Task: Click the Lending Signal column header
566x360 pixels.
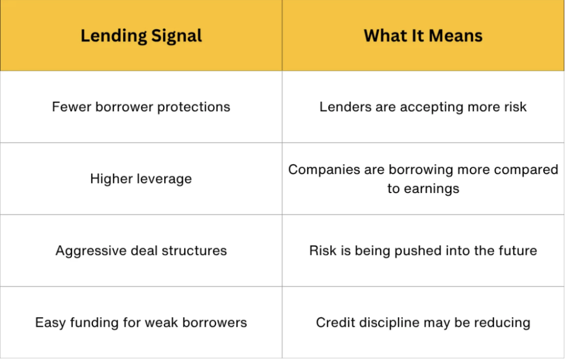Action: coord(141,36)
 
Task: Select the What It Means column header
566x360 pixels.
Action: coord(423,36)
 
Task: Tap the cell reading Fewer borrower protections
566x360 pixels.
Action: coord(141,107)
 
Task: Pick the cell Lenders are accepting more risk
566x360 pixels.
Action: coord(423,107)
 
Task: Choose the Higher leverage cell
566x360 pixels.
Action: coord(141,179)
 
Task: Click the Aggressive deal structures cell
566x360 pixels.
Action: coord(141,251)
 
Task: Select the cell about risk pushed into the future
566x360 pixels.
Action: coord(423,251)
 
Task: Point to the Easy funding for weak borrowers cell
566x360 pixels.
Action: coord(141,322)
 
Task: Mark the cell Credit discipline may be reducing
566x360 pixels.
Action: coord(423,322)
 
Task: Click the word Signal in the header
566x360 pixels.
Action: coord(176,36)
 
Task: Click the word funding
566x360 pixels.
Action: coord(94,323)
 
